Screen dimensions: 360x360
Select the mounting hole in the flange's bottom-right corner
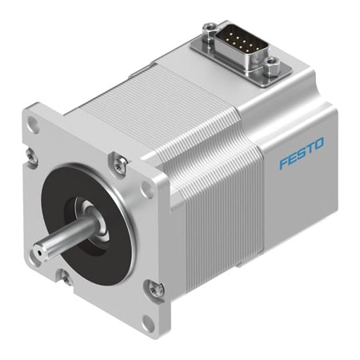(x=146, y=326)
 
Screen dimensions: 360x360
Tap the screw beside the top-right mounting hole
(x=119, y=164)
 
